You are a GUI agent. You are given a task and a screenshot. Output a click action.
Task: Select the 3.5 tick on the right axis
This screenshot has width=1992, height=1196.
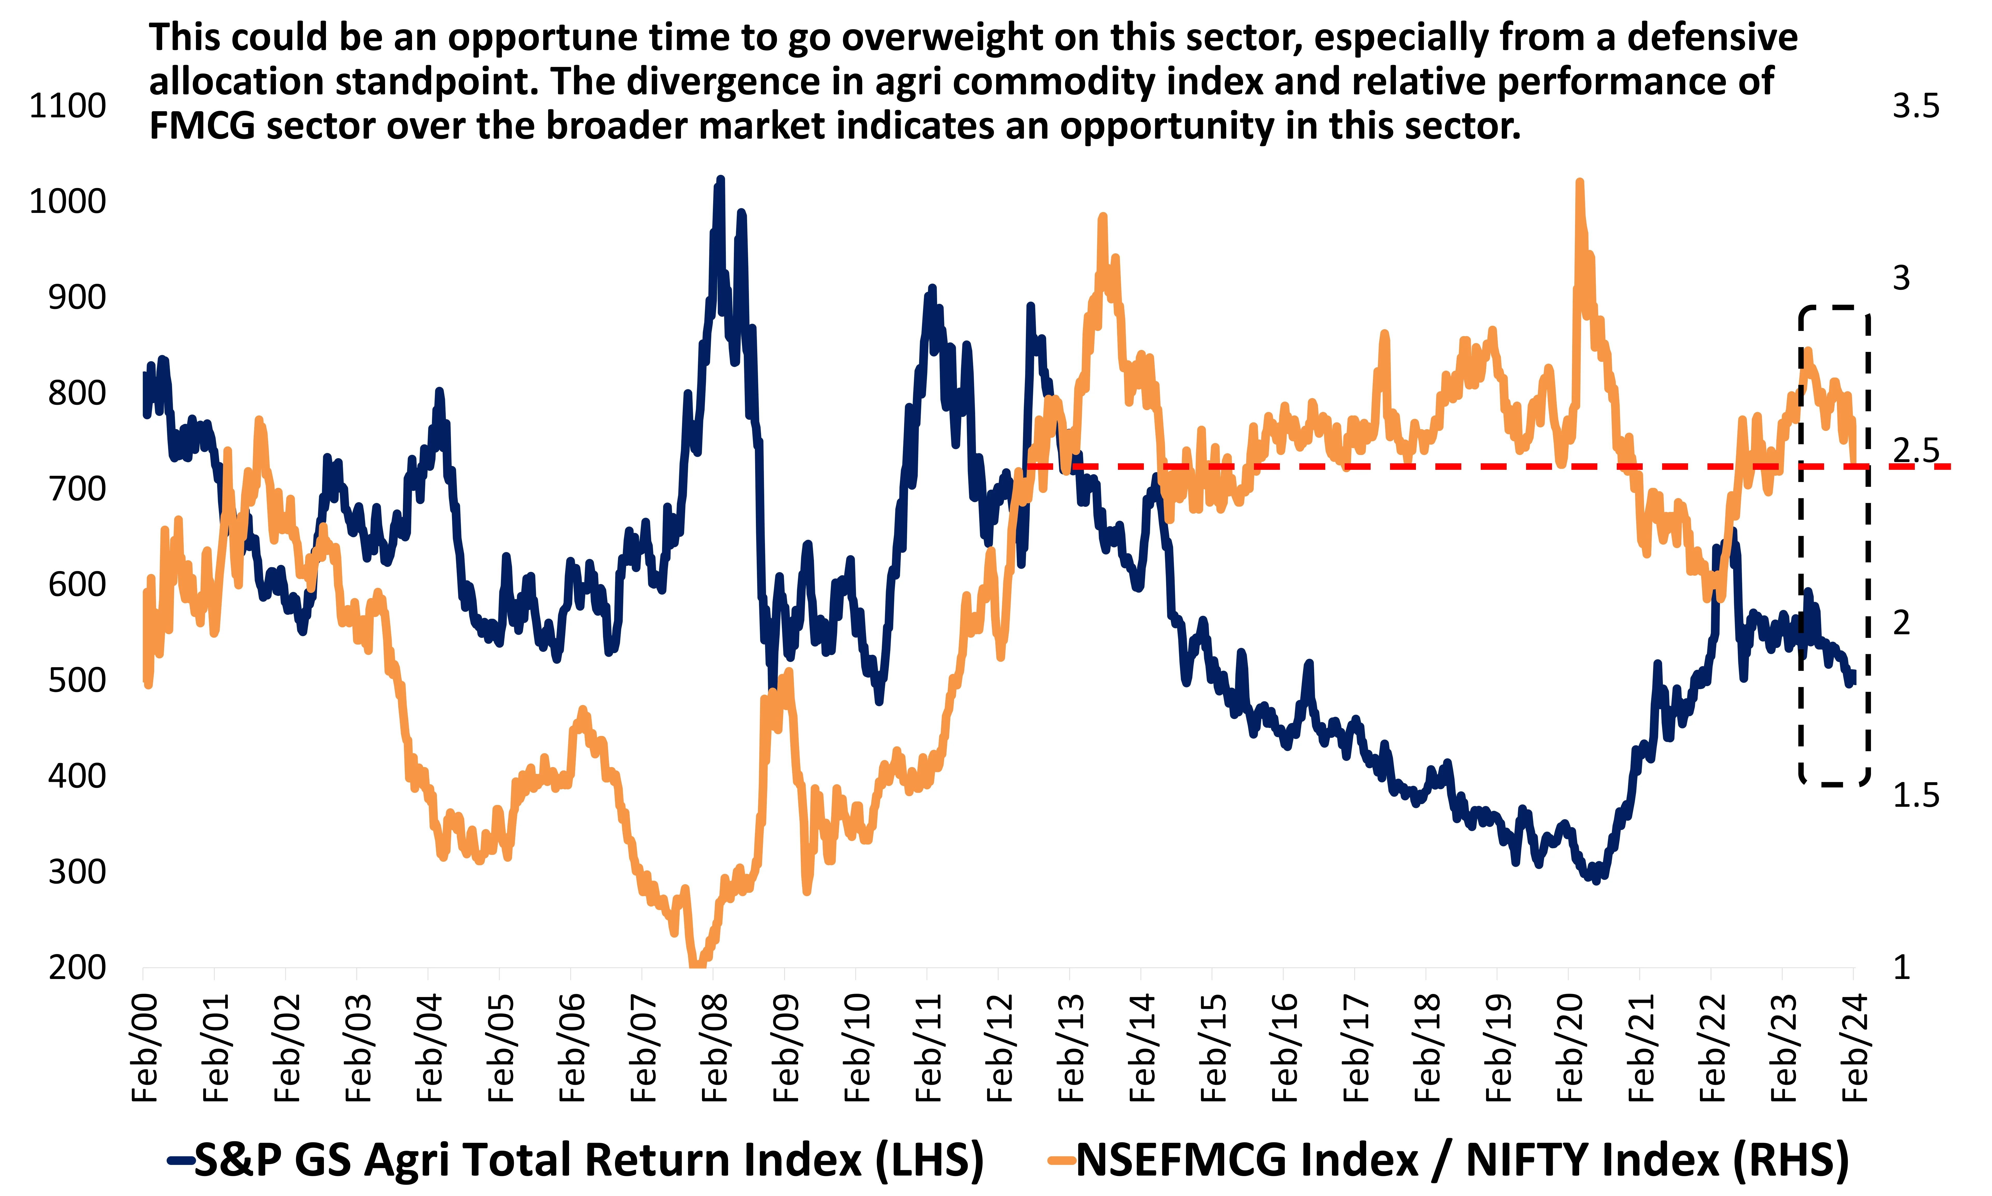(x=1915, y=106)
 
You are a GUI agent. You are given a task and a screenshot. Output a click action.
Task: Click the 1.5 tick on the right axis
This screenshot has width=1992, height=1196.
(x=1915, y=795)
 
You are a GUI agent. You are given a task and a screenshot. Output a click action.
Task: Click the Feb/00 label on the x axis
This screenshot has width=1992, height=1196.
(x=145, y=1048)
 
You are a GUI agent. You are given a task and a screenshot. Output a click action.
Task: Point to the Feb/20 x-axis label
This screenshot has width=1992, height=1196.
(x=1570, y=1048)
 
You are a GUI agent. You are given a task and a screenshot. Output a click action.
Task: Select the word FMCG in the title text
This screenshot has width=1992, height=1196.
(x=202, y=126)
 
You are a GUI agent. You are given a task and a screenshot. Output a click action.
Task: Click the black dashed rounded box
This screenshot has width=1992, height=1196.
(x=1834, y=545)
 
